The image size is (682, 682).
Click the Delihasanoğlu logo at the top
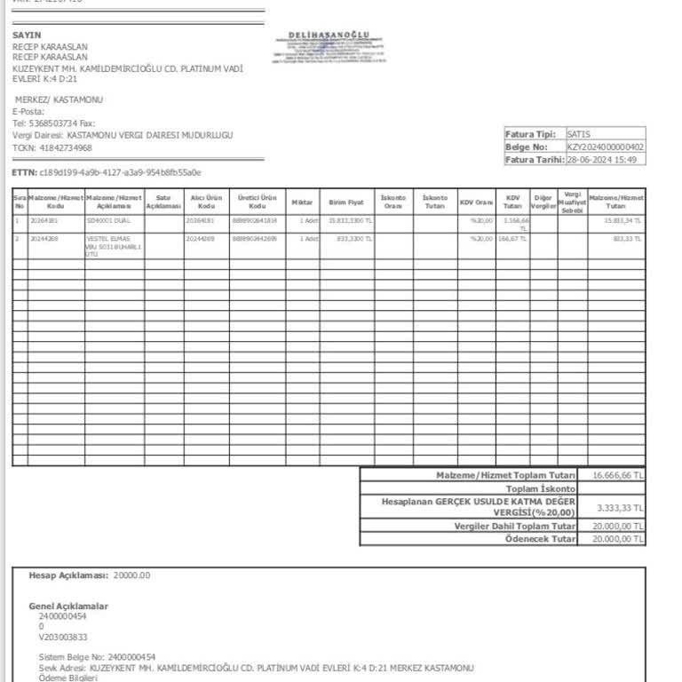coord(337,46)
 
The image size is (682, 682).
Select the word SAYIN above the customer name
coord(27,36)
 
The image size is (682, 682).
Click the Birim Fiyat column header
coord(346,202)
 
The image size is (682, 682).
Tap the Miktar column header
coord(302,202)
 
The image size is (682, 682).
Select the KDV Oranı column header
coord(476,202)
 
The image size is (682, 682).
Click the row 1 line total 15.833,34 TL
coord(623,220)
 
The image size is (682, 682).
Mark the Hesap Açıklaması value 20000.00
coord(131,575)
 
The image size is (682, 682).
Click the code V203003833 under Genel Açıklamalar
coord(62,637)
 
